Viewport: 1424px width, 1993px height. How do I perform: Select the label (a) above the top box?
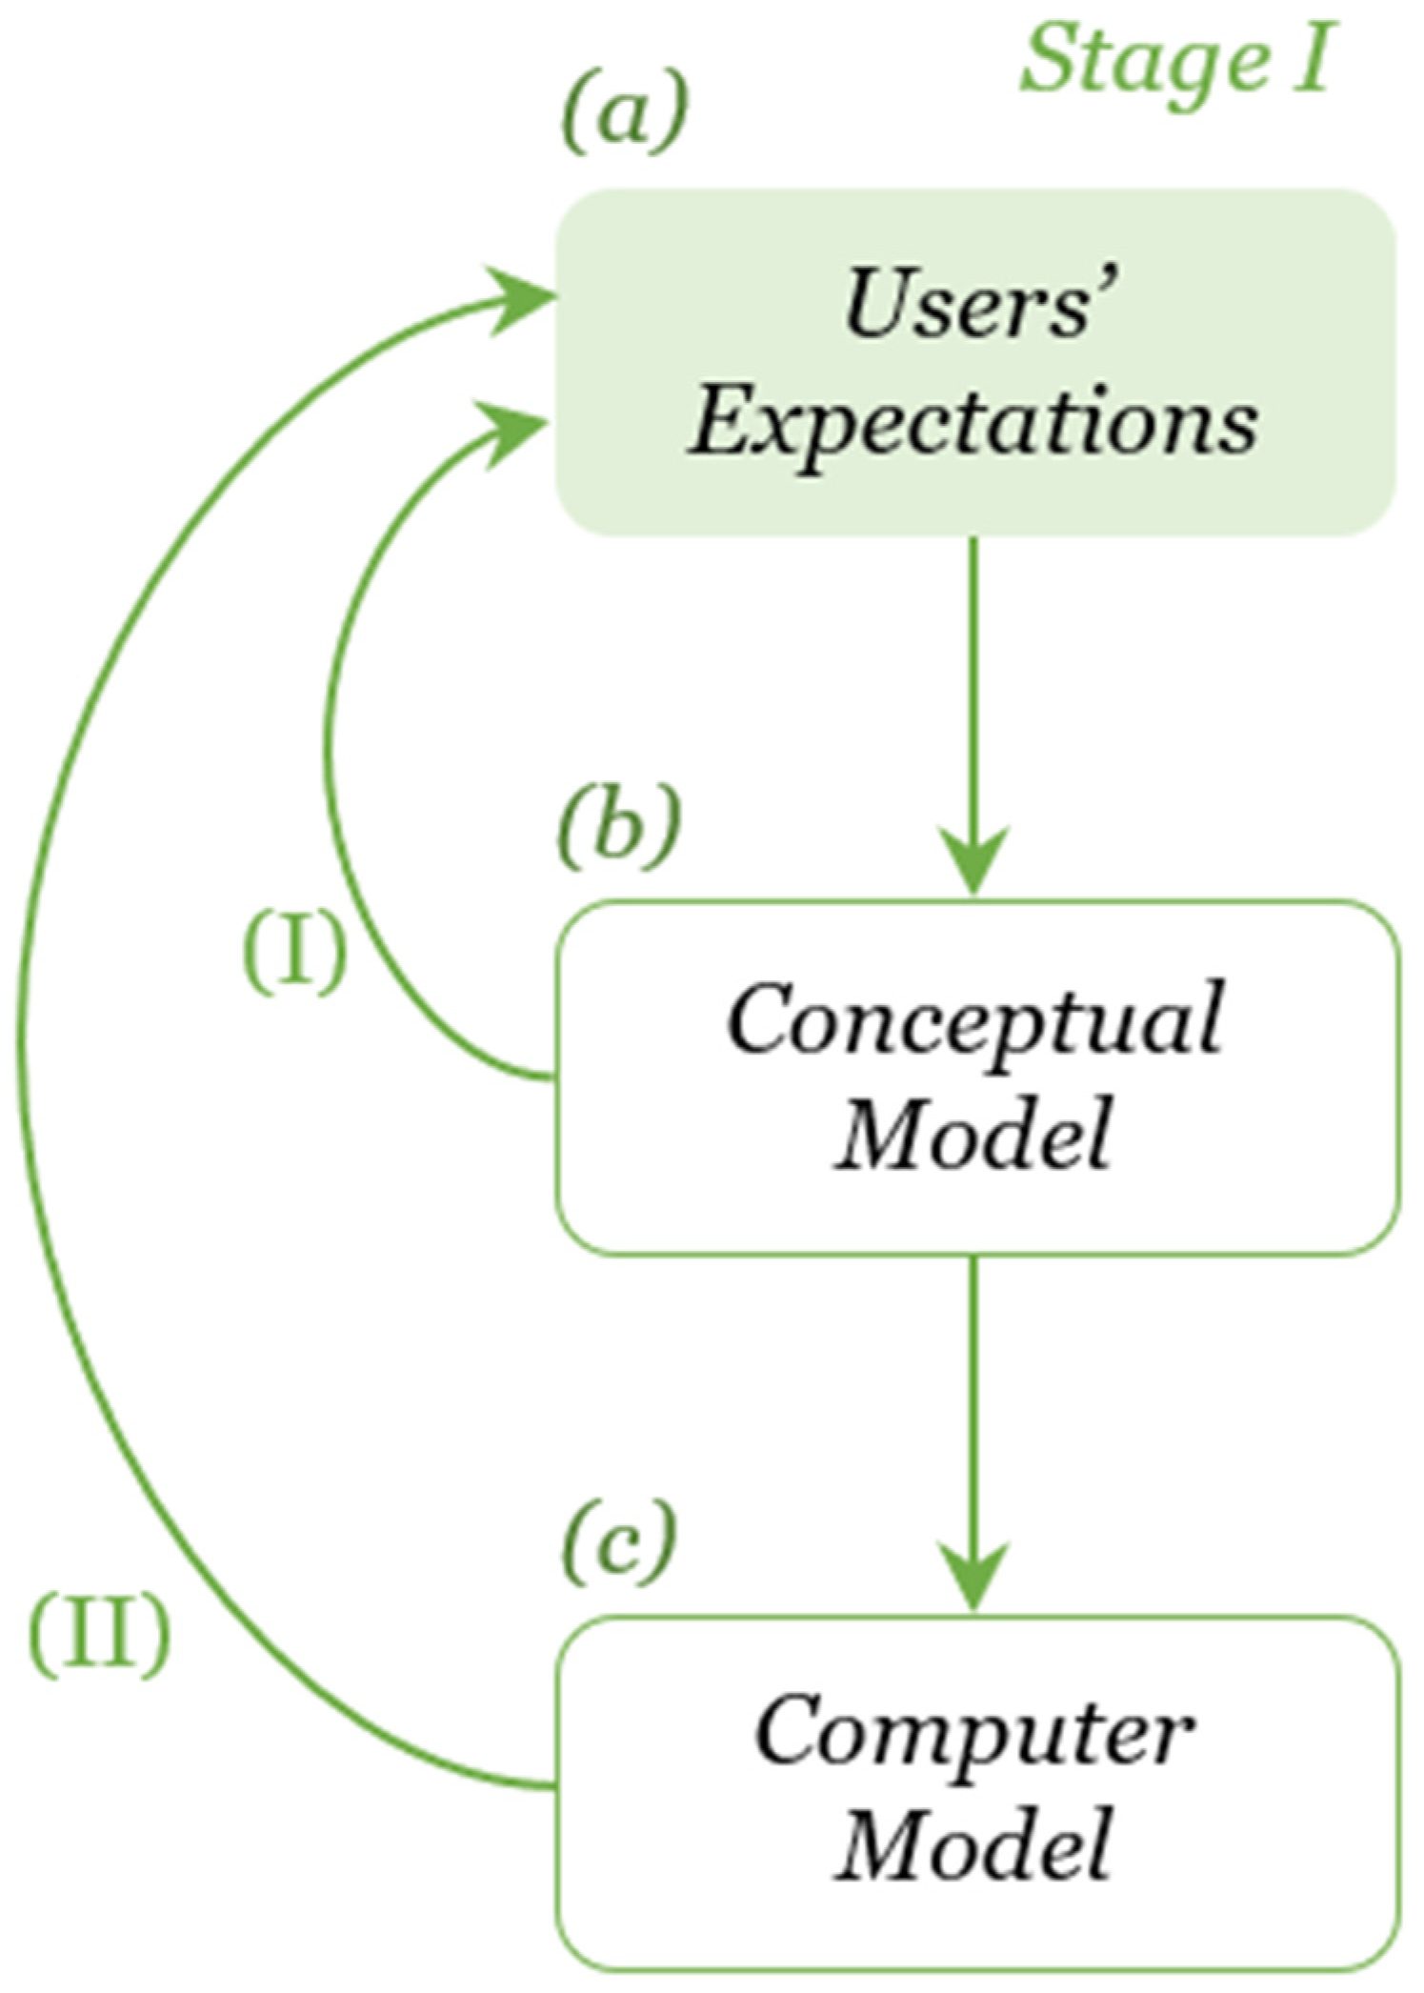click(624, 113)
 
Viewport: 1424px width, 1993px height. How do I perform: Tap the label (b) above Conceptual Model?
click(620, 826)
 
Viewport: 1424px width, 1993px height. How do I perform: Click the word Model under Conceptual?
click(973, 1134)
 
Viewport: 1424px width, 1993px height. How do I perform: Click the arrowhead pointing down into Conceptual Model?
click(973, 862)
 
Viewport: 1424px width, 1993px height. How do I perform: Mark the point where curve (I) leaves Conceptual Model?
click(551, 1077)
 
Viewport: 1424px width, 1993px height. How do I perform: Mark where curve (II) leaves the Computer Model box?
click(551, 1785)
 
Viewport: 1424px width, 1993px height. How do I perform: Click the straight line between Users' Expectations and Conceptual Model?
click(973, 686)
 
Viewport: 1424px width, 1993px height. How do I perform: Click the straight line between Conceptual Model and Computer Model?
click(973, 1400)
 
